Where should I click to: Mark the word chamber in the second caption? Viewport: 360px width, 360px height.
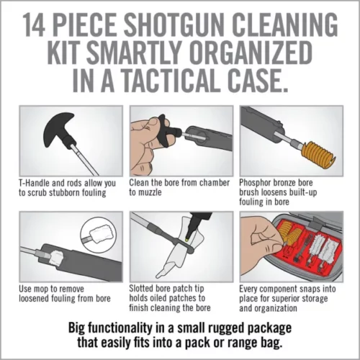[213, 184]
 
